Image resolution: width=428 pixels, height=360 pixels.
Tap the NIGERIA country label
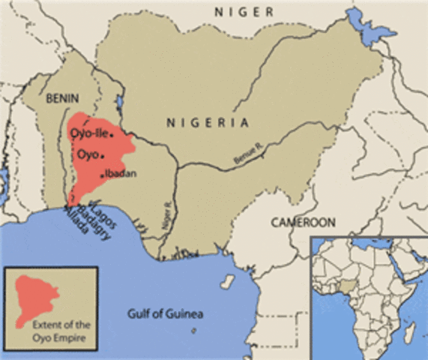click(208, 121)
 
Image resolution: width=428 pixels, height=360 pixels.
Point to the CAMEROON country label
click(304, 223)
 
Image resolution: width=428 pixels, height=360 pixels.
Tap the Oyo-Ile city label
click(89, 134)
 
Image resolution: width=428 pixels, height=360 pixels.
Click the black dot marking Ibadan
click(102, 175)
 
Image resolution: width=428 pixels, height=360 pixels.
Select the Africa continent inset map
click(369, 296)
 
